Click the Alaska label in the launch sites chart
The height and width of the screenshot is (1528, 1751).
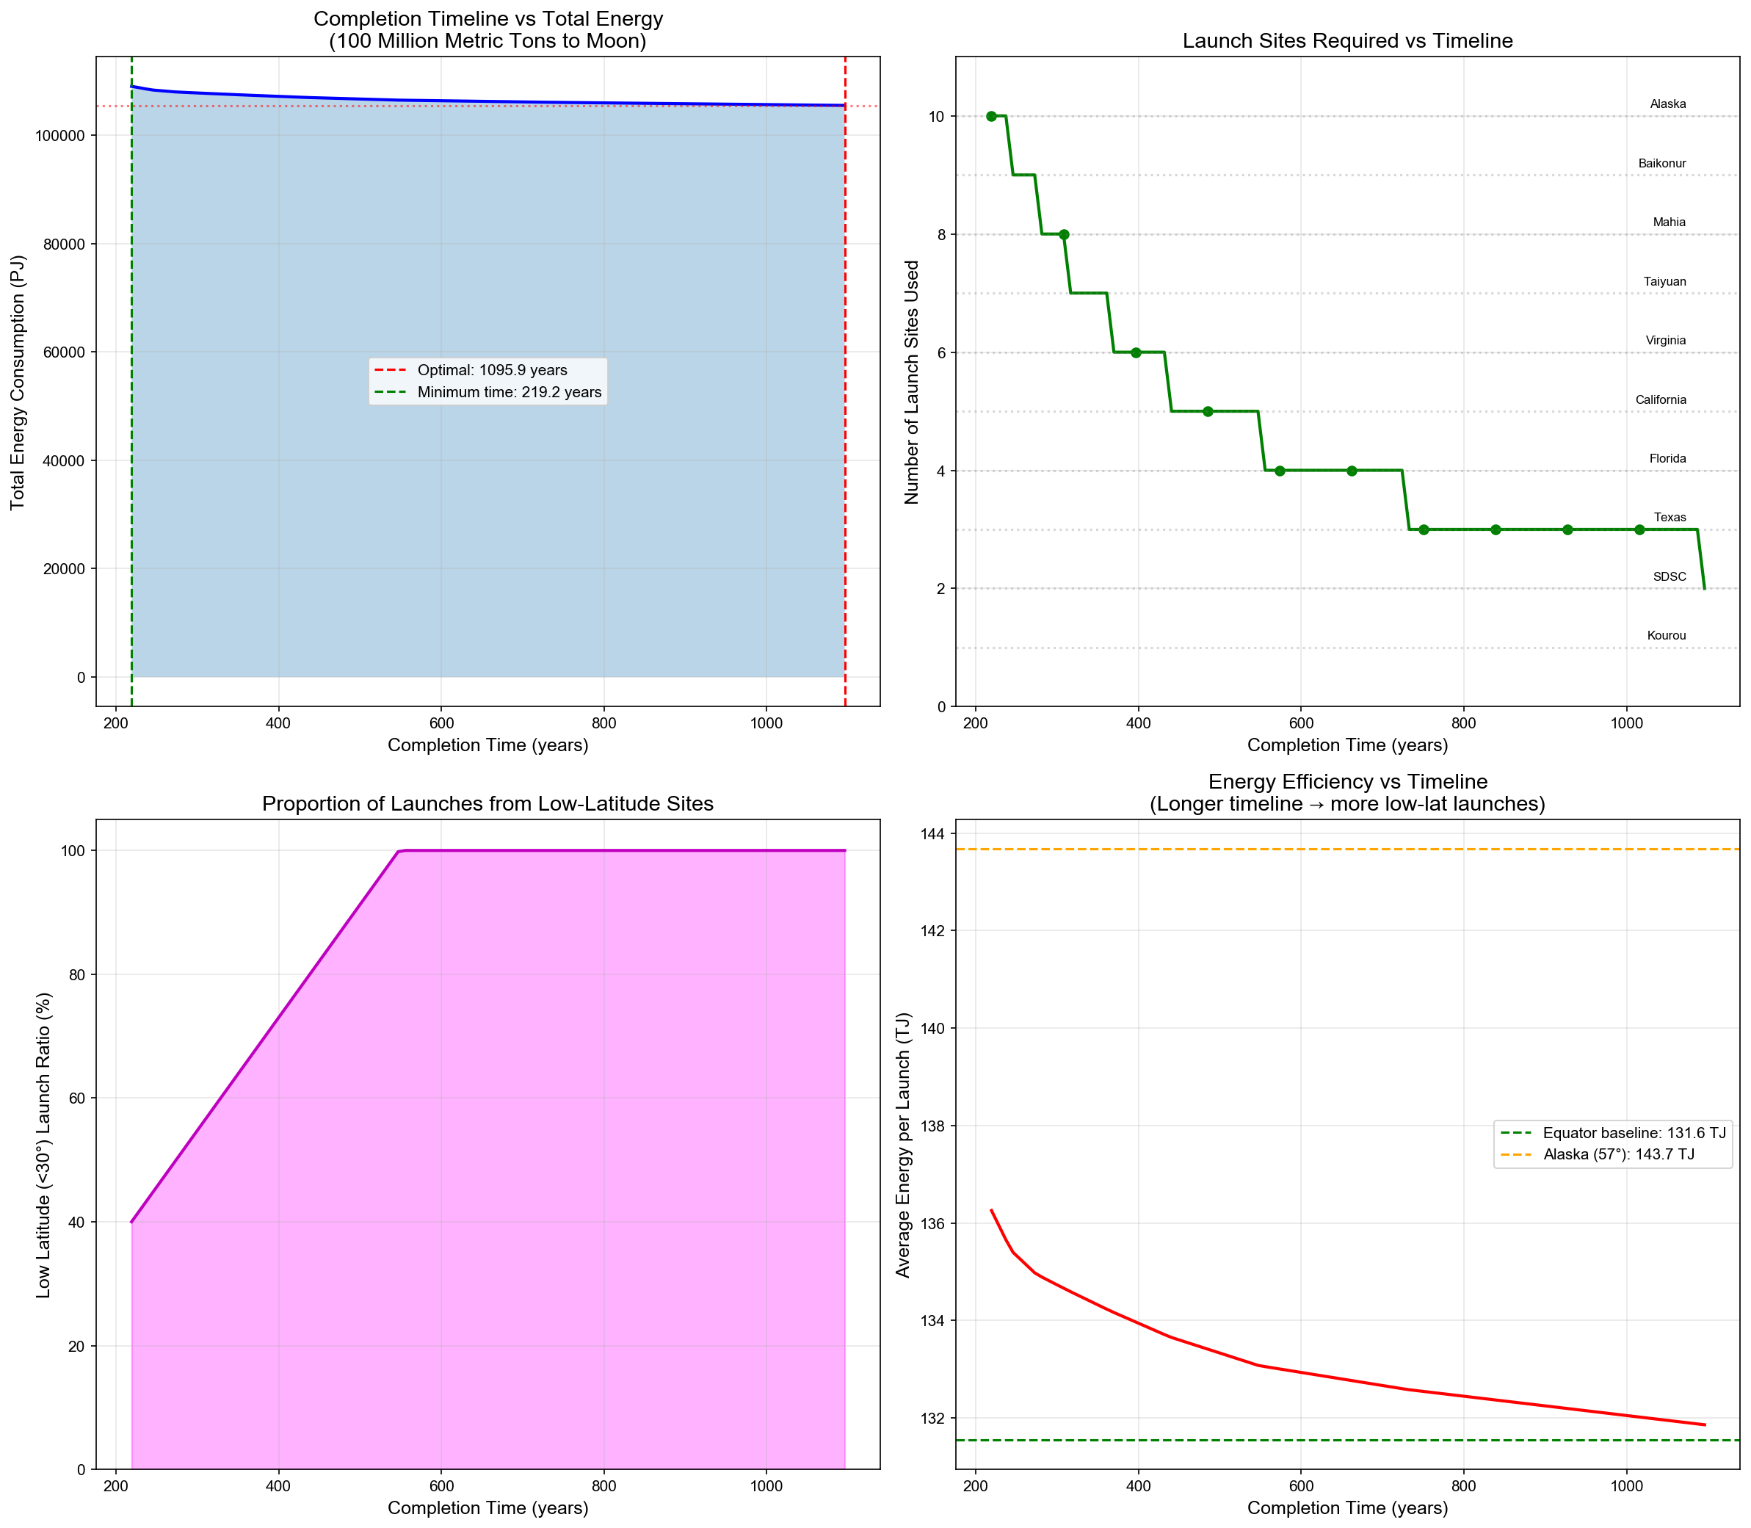1667,104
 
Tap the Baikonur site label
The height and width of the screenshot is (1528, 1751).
1661,164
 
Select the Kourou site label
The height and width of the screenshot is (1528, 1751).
1666,635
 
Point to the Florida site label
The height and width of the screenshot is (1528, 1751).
1667,459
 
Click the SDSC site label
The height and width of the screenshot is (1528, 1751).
1670,576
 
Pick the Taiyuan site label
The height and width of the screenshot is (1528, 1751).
1664,281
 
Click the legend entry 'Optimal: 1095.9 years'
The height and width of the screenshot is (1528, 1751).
492,370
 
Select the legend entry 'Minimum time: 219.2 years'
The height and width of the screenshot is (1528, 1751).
509,392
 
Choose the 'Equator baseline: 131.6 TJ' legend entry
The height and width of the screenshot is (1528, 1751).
1634,1133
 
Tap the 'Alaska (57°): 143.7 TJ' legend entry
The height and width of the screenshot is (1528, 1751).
1618,1156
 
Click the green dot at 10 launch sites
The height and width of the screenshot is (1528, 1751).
990,116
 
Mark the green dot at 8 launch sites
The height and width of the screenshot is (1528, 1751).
1063,234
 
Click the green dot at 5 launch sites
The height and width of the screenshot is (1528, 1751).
1207,411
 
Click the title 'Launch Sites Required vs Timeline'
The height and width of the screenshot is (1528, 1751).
1347,41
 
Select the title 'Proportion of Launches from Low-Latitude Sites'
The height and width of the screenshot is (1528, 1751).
487,803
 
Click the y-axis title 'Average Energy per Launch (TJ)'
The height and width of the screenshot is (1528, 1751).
904,1145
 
